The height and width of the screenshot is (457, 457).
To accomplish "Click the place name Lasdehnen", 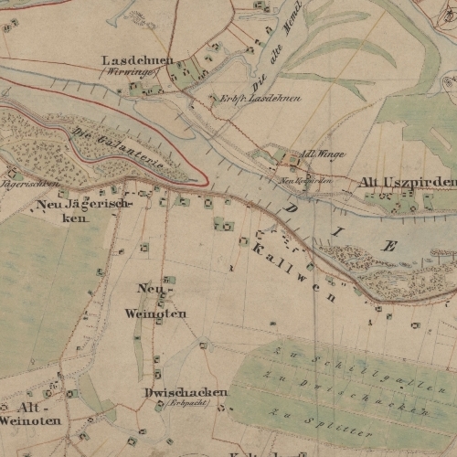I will coord(138,59).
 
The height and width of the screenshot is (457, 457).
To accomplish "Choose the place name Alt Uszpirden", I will coord(407,183).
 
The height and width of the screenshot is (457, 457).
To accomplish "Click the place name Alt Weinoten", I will coord(31,413).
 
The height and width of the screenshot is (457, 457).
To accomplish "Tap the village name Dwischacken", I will coord(186,392).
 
